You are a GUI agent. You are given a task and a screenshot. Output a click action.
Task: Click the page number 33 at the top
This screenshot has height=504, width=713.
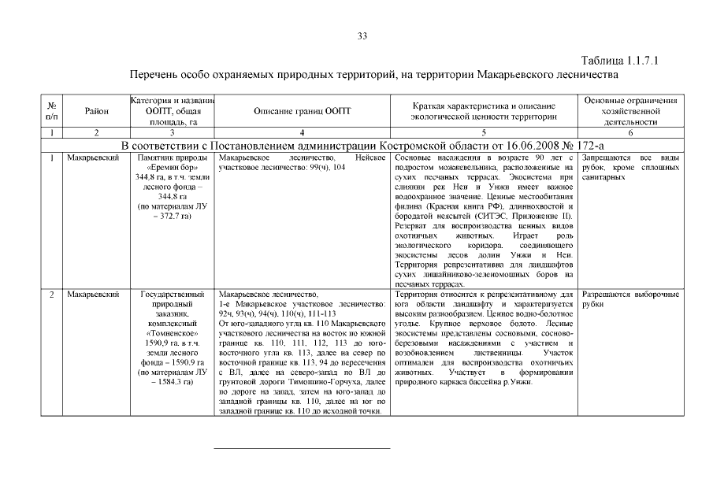click(362, 36)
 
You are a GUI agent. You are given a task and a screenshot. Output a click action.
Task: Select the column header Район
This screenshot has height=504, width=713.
click(96, 111)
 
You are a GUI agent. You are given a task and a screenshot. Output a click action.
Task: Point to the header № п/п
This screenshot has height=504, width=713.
click(51, 111)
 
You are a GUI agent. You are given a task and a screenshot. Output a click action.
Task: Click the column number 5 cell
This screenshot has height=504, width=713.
click(484, 132)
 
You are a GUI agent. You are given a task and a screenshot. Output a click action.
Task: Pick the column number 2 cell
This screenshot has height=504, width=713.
click(96, 132)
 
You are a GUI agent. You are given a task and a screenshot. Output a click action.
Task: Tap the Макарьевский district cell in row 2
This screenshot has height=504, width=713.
click(93, 294)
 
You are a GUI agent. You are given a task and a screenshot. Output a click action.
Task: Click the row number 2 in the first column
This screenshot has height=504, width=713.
click(51, 294)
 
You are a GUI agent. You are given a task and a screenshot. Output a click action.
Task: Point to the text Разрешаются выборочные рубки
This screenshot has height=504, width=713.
click(630, 298)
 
